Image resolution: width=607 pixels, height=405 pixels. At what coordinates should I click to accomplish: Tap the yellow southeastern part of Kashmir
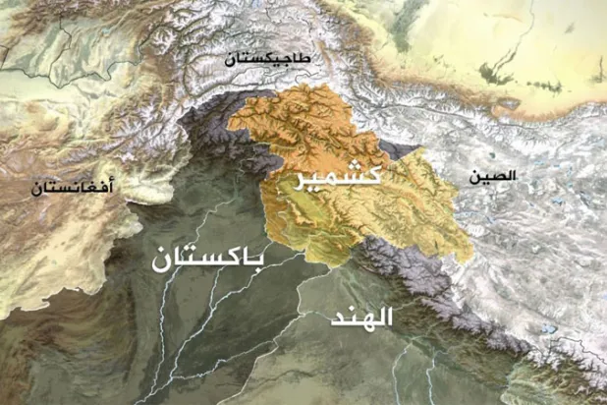[x=413, y=211]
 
